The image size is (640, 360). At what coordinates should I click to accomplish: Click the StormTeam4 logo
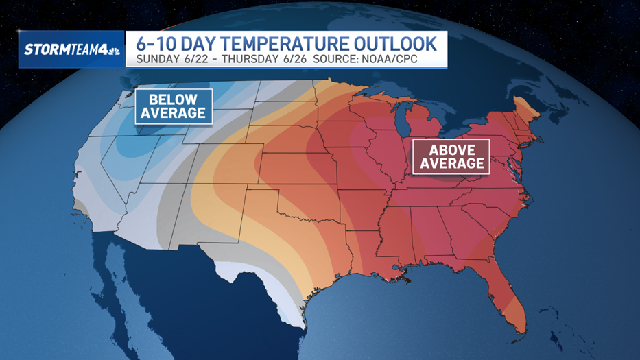[71, 49]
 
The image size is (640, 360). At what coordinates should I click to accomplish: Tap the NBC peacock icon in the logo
[113, 49]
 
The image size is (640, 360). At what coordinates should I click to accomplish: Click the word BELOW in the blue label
[173, 99]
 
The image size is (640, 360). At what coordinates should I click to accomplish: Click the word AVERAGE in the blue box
[173, 113]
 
